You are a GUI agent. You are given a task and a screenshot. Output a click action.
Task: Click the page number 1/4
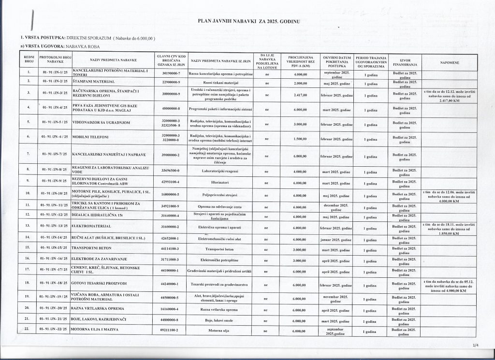click(x=476, y=346)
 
